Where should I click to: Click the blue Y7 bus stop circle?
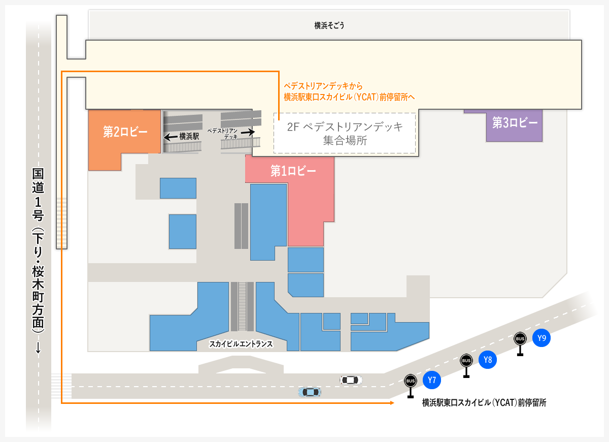tap(432, 380)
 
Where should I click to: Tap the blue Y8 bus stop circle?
tap(488, 360)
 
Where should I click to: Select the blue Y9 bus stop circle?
tap(542, 338)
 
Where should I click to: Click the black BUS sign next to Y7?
tap(411, 381)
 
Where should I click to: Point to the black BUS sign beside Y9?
tap(520, 338)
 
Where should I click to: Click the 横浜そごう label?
tap(329, 25)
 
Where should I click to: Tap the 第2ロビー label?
tap(125, 132)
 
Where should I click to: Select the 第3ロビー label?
tap(515, 122)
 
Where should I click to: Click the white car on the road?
tap(351, 380)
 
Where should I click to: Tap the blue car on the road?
tap(310, 392)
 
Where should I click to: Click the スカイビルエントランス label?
tap(241, 344)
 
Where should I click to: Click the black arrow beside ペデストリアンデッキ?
tap(248, 132)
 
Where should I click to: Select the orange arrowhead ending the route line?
tap(392, 403)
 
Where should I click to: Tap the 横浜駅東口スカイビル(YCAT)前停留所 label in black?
tap(484, 403)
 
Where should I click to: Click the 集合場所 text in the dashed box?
tap(345, 141)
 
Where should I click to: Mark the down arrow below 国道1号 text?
tap(38, 349)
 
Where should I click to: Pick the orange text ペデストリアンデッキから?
tap(323, 86)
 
